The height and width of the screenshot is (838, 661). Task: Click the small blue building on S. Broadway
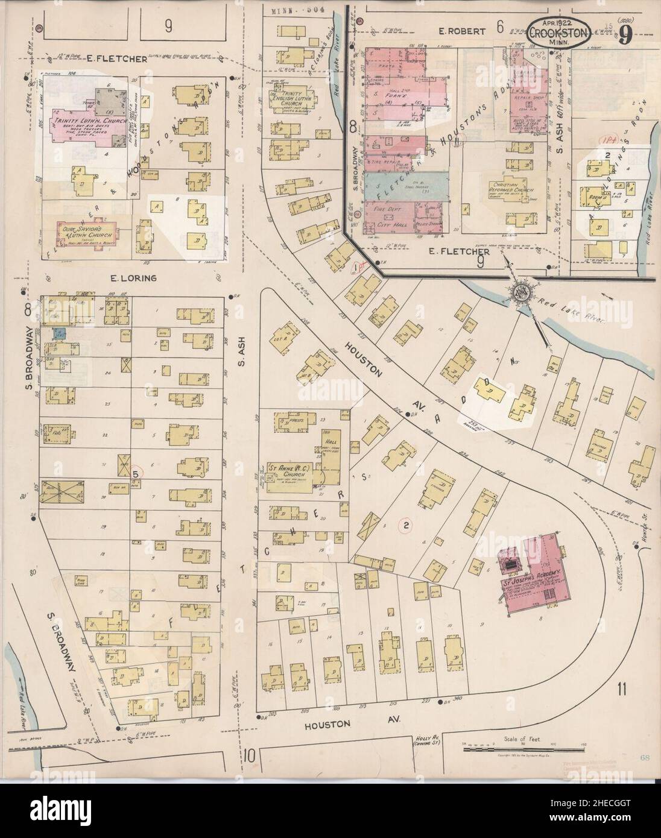[x=59, y=332]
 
